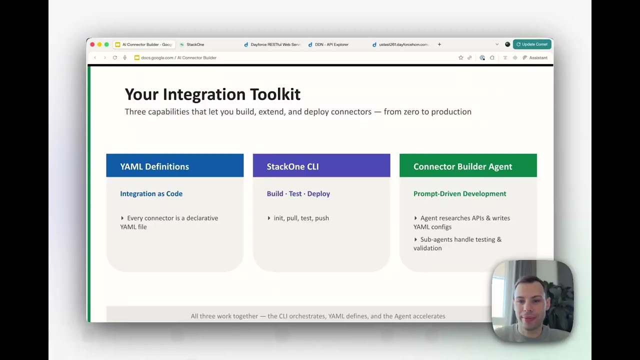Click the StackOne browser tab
click(195, 44)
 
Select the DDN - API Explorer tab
click(331, 44)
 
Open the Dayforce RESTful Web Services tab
click(275, 44)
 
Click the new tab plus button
click(439, 44)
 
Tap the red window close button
click(92, 44)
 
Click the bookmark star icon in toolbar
click(460, 58)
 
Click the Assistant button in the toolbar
click(535, 58)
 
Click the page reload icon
click(115, 58)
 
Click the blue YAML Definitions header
click(174, 166)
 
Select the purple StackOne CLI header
click(321, 166)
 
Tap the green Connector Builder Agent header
click(467, 166)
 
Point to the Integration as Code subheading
click(151, 194)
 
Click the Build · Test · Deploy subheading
click(298, 194)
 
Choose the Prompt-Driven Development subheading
click(459, 194)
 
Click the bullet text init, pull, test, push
click(301, 218)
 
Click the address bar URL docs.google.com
click(157, 58)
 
